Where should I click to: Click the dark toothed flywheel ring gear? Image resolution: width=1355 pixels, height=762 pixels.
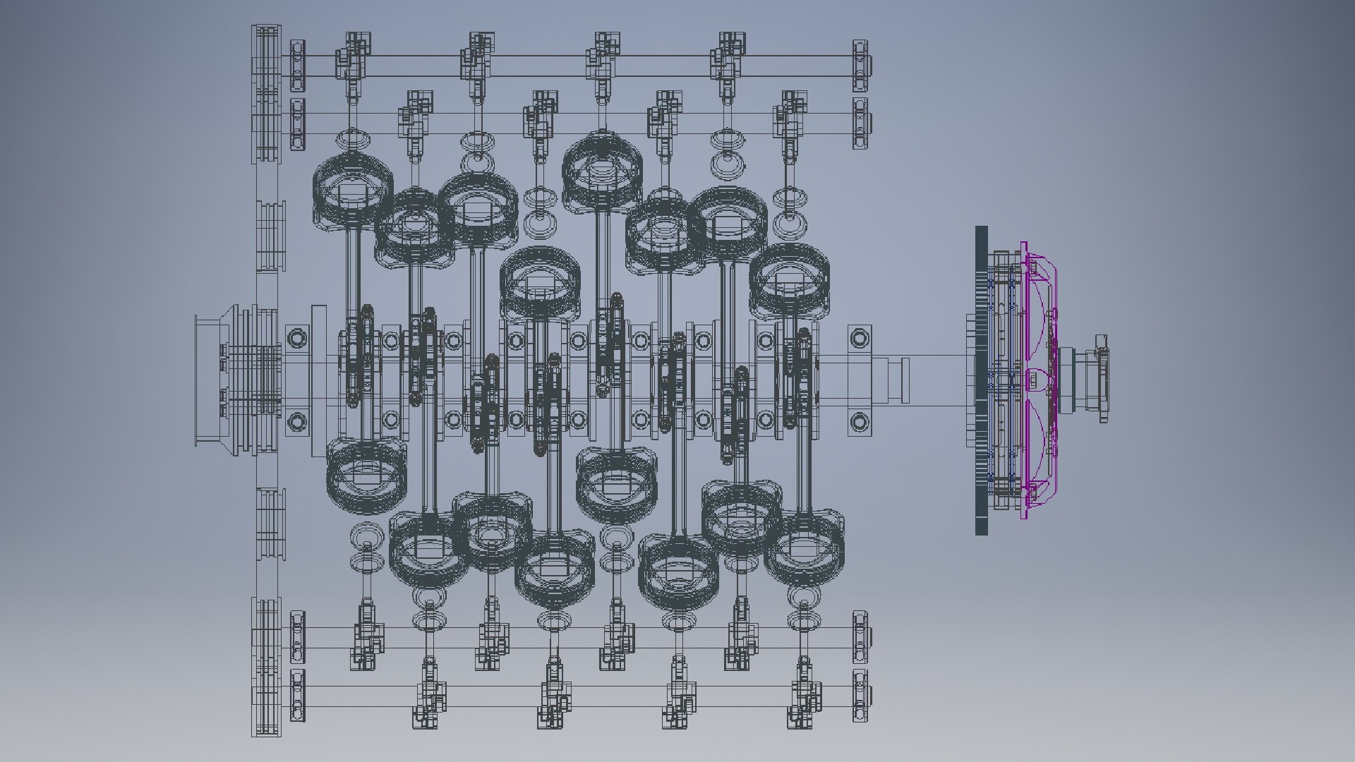point(981,381)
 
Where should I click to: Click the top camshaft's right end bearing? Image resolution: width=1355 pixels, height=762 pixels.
point(860,66)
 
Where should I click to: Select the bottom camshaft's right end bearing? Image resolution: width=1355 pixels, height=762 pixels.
point(860,695)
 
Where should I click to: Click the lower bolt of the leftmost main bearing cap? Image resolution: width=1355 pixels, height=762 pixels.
point(297,423)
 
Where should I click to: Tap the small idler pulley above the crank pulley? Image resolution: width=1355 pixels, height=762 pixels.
point(270,236)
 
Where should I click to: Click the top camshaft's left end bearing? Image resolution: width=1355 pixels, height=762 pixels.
point(297,66)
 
